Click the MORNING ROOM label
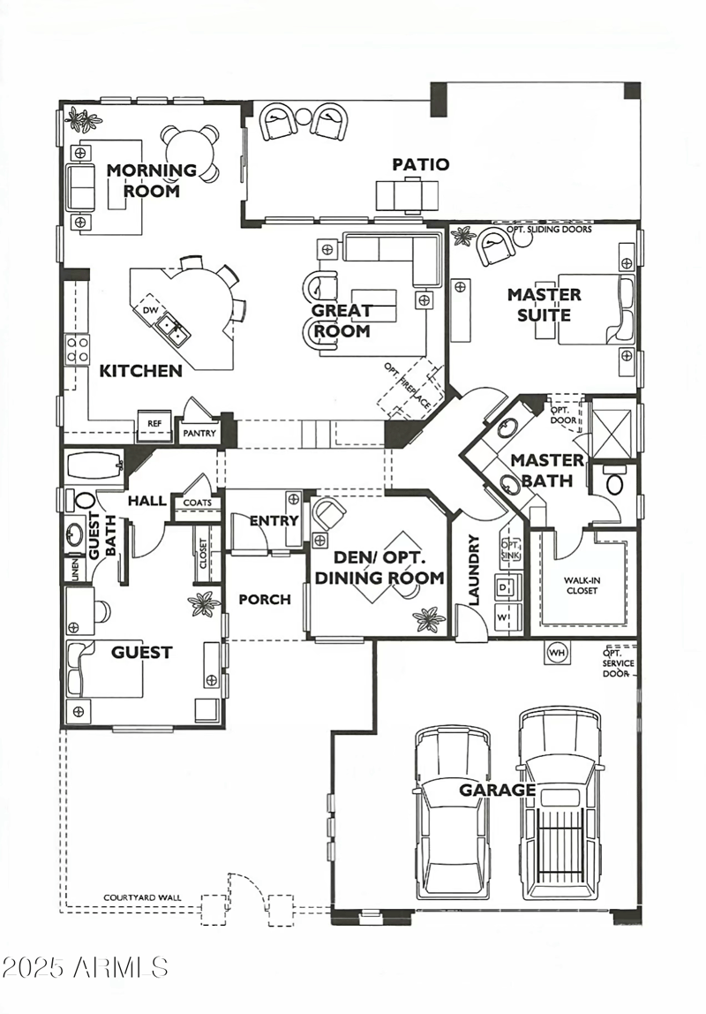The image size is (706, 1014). (152, 180)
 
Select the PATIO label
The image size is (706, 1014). (421, 164)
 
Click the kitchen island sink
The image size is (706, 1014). (170, 329)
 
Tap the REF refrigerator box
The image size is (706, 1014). (154, 424)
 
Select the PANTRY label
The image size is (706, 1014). (199, 434)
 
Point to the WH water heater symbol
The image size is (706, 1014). (557, 653)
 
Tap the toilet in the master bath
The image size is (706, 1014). (614, 483)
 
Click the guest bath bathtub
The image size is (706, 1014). (93, 463)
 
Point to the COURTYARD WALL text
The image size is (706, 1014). (142, 897)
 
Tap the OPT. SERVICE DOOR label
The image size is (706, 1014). (618, 662)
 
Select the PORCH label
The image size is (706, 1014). (265, 600)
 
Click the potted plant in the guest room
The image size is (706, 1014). (205, 605)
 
